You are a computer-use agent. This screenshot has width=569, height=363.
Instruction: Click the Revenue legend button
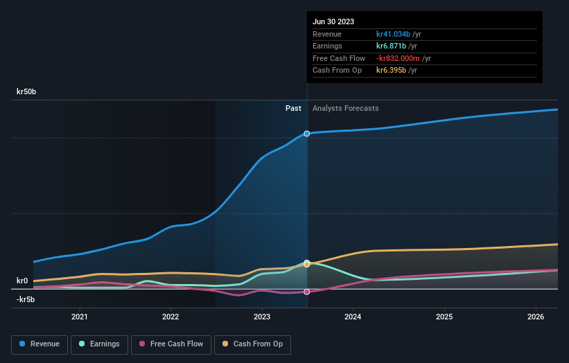click(40, 344)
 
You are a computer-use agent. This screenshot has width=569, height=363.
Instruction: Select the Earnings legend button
click(99, 344)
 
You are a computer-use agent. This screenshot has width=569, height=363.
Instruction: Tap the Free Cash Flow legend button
click(170, 344)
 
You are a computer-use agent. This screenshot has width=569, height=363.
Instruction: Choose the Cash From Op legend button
click(252, 344)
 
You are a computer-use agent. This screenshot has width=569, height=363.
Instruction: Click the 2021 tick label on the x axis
click(80, 317)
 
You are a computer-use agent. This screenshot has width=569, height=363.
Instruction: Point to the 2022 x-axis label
click(170, 317)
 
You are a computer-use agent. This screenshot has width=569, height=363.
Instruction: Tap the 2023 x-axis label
click(262, 317)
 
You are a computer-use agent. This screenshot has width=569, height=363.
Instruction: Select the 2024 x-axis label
click(353, 317)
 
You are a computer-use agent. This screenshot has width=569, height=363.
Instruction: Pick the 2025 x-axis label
click(444, 317)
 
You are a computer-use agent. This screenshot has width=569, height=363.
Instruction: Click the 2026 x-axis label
click(536, 317)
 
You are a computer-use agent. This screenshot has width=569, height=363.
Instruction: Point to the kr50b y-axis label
click(26, 91)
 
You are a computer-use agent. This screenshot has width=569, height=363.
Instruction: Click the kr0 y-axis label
click(22, 281)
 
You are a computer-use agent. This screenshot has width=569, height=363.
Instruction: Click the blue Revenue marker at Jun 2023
click(306, 133)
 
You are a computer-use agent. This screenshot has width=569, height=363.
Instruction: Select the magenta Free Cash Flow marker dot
click(306, 292)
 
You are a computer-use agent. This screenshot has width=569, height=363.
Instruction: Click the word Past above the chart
click(293, 108)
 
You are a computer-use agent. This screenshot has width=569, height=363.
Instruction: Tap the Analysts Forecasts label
click(346, 108)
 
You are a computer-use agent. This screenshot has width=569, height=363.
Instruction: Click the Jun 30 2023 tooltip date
click(333, 21)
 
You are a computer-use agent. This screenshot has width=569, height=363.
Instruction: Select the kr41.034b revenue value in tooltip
click(393, 34)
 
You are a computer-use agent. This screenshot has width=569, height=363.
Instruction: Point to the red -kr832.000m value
click(399, 58)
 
